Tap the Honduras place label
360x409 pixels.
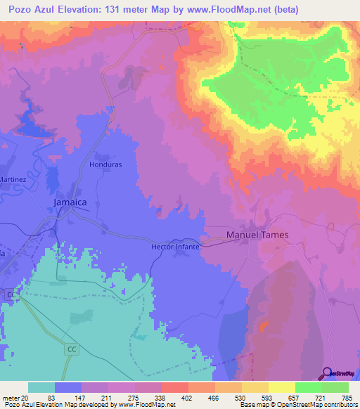[x=105, y=164]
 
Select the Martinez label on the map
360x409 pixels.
[x=13, y=179]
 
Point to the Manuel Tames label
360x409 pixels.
[x=257, y=235]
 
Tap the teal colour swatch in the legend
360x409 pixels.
[x=41, y=387]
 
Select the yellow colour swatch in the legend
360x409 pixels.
[x=281, y=387]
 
